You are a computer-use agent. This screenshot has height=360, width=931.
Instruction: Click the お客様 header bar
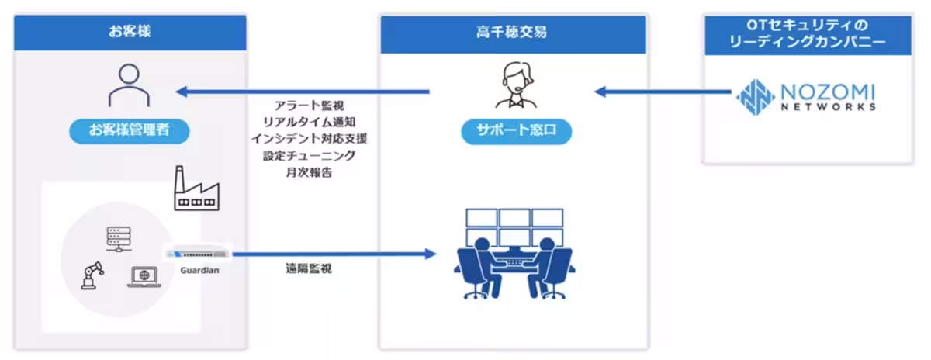pyautogui.click(x=130, y=33)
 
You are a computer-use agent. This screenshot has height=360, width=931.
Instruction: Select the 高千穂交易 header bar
pyautogui.click(x=512, y=33)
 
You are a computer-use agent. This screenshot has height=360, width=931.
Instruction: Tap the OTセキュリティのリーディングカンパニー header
pyautogui.click(x=808, y=34)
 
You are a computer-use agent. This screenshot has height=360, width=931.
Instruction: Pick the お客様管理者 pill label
pyautogui.click(x=130, y=131)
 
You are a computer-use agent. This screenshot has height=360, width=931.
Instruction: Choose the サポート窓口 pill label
pyautogui.click(x=513, y=131)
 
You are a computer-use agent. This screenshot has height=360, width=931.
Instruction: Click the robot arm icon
pyautogui.click(x=92, y=275)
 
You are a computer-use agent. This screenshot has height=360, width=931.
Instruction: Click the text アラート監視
pyautogui.click(x=309, y=104)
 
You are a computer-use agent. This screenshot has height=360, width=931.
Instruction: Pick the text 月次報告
pyautogui.click(x=309, y=173)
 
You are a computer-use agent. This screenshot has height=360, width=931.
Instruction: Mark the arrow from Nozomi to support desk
pyautogui.click(x=663, y=92)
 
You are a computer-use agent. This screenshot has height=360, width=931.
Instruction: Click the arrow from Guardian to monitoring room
pyautogui.click(x=334, y=254)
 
